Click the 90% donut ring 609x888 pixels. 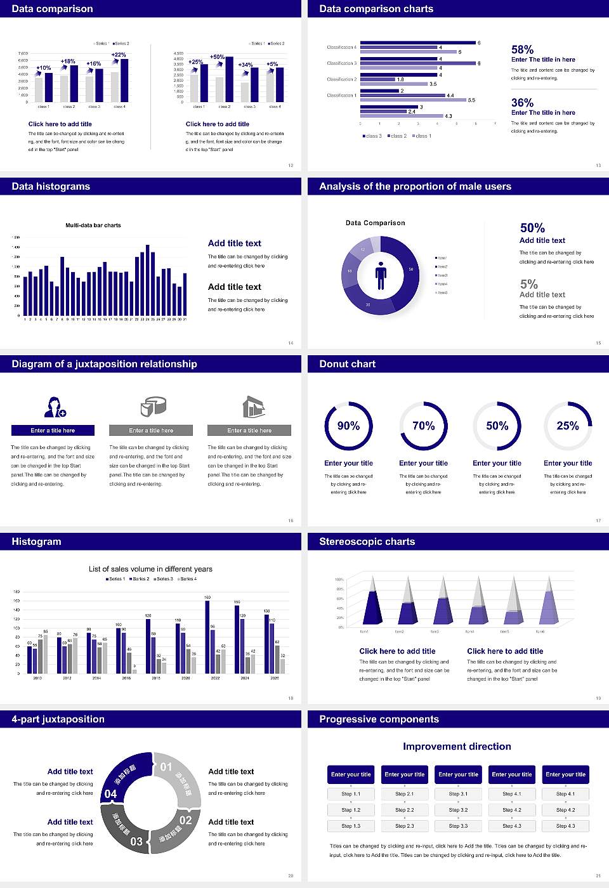point(348,426)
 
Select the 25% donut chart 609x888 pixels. point(568,426)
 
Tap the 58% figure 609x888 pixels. point(522,49)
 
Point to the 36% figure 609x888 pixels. point(522,103)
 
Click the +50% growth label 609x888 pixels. point(217,57)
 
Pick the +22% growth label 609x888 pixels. point(119,55)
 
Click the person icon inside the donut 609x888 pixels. point(381,275)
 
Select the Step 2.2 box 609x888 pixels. point(405,810)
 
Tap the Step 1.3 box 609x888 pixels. point(351,826)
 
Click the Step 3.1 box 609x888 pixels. point(458,794)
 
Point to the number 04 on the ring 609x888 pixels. point(110,794)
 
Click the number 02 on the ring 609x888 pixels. point(185,820)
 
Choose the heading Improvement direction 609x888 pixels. point(457,747)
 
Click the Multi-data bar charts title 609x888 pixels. point(93,225)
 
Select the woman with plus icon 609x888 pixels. point(55,407)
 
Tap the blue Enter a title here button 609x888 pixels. point(53,431)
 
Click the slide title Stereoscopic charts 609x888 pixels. point(367,542)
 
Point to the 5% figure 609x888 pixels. point(528,284)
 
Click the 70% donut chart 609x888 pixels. point(423,426)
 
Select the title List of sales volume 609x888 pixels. point(150,569)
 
